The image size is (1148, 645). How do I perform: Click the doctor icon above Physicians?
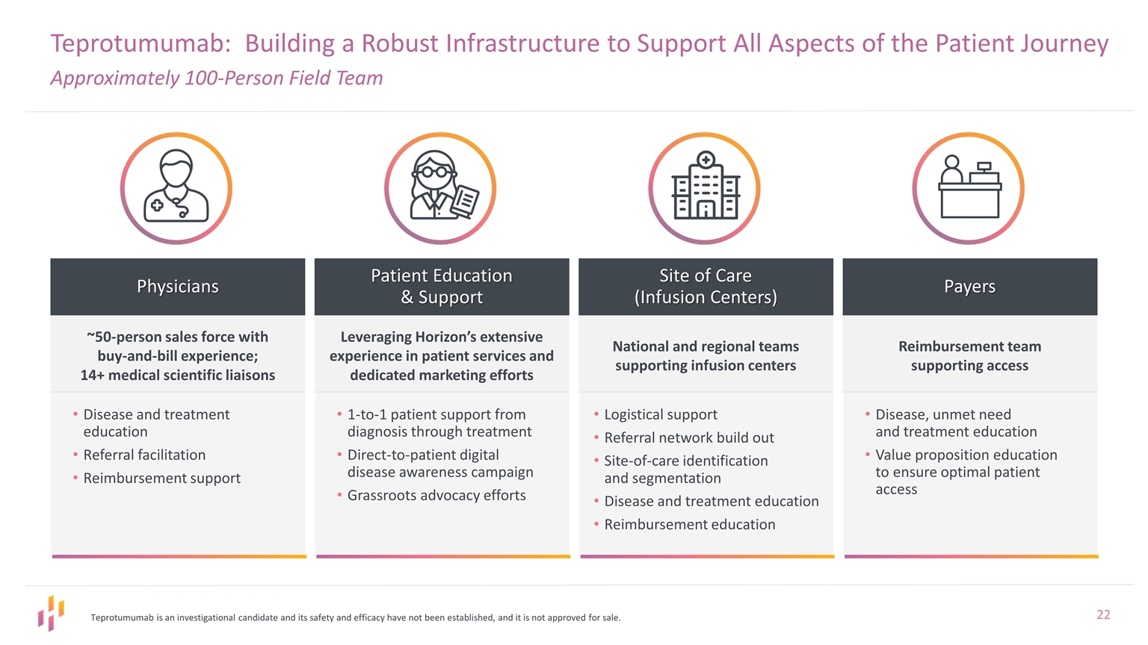pyautogui.click(x=176, y=188)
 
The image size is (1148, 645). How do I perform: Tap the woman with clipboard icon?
pyautogui.click(x=440, y=188)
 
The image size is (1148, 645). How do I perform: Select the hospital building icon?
pyautogui.click(x=705, y=188)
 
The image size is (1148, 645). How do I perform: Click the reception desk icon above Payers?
pyautogui.click(x=969, y=188)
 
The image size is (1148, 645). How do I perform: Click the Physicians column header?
pyautogui.click(x=178, y=287)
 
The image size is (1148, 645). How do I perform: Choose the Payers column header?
pyautogui.click(x=969, y=287)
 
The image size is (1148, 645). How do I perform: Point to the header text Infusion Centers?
pyautogui.click(x=706, y=297)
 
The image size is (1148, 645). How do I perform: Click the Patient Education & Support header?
pyautogui.click(x=442, y=287)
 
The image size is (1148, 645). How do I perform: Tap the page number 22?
pyautogui.click(x=1103, y=614)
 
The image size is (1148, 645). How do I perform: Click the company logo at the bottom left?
pyautogui.click(x=51, y=613)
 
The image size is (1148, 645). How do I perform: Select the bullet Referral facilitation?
pyautogui.click(x=144, y=455)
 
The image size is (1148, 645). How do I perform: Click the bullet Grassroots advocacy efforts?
pyautogui.click(x=436, y=495)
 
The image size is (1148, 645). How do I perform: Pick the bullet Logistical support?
pyautogui.click(x=661, y=414)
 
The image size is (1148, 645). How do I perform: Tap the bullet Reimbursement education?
pyautogui.click(x=690, y=524)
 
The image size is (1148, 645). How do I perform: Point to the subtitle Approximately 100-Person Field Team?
pyautogui.click(x=217, y=78)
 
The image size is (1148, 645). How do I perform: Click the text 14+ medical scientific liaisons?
pyautogui.click(x=178, y=375)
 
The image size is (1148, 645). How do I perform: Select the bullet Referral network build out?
pyautogui.click(x=689, y=437)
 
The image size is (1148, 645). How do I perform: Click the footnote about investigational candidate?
pyautogui.click(x=355, y=617)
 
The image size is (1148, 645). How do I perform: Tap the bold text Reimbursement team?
pyautogui.click(x=969, y=346)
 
